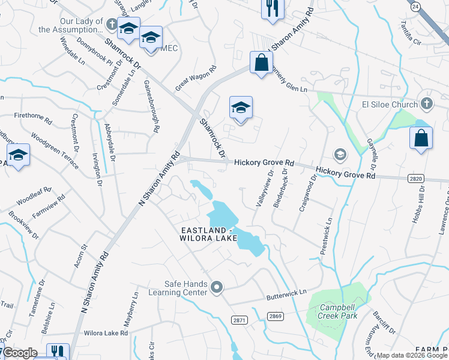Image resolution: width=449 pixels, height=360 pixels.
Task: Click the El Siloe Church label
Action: [x=389, y=105]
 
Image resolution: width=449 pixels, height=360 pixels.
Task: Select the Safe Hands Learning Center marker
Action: [x=217, y=288]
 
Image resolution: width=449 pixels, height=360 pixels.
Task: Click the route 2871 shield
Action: [x=240, y=320]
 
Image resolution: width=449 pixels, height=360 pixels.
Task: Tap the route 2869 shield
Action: [x=276, y=316]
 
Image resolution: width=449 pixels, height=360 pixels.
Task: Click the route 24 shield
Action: [x=415, y=5]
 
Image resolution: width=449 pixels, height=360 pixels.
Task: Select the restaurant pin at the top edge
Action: [x=272, y=10]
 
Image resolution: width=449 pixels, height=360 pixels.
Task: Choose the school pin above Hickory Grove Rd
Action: [x=241, y=108]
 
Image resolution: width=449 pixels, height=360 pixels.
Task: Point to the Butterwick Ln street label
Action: [x=286, y=295]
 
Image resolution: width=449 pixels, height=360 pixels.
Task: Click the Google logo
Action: [x=20, y=353]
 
